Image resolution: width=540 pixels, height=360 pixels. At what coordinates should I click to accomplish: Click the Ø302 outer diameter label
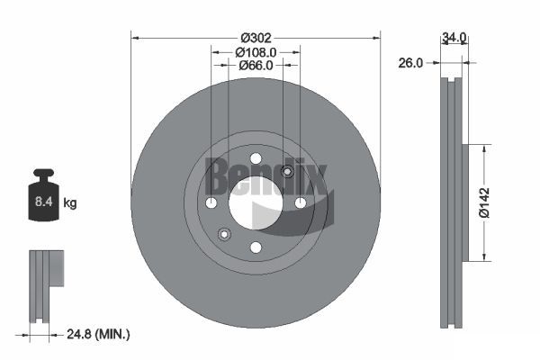point(256,38)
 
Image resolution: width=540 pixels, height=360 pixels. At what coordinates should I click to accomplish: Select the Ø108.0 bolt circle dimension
point(256,52)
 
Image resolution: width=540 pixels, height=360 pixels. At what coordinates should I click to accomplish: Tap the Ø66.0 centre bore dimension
point(256,65)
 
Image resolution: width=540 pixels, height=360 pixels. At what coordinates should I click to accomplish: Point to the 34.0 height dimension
point(454,37)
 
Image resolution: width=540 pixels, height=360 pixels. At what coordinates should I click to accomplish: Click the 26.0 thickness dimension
point(410,63)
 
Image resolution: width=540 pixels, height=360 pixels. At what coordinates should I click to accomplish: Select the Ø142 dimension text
point(484,202)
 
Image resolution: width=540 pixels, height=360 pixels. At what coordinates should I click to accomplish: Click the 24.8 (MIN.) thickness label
point(98,334)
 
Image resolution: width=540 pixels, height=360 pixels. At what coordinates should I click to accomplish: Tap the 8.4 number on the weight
point(43,202)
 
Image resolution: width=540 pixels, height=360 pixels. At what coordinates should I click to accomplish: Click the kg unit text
point(70,202)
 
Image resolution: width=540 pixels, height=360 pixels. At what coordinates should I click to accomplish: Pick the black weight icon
point(44,194)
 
